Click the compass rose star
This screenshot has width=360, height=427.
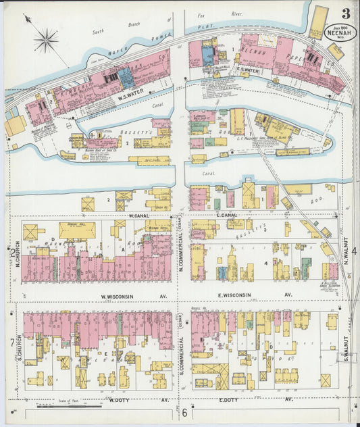[46, 41]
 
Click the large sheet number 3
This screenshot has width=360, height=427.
[345, 14]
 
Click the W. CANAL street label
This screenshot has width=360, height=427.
[139, 216]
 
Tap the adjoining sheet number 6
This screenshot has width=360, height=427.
[183, 412]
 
